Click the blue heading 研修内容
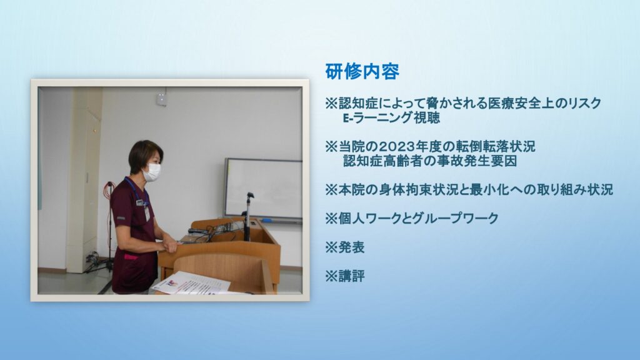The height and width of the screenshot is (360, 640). (x=362, y=72)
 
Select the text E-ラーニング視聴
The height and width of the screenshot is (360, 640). (x=391, y=118)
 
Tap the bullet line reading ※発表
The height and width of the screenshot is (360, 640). (x=345, y=247)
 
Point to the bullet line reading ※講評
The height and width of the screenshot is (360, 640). (x=345, y=276)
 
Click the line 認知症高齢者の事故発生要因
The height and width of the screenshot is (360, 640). (x=430, y=161)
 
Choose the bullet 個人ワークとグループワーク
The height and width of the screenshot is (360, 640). (x=418, y=219)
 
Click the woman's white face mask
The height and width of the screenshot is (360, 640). (x=152, y=172)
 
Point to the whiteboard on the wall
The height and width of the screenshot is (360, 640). (x=263, y=189)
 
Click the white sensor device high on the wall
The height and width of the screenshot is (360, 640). (x=162, y=99)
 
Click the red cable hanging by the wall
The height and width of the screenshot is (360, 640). (x=109, y=221)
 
